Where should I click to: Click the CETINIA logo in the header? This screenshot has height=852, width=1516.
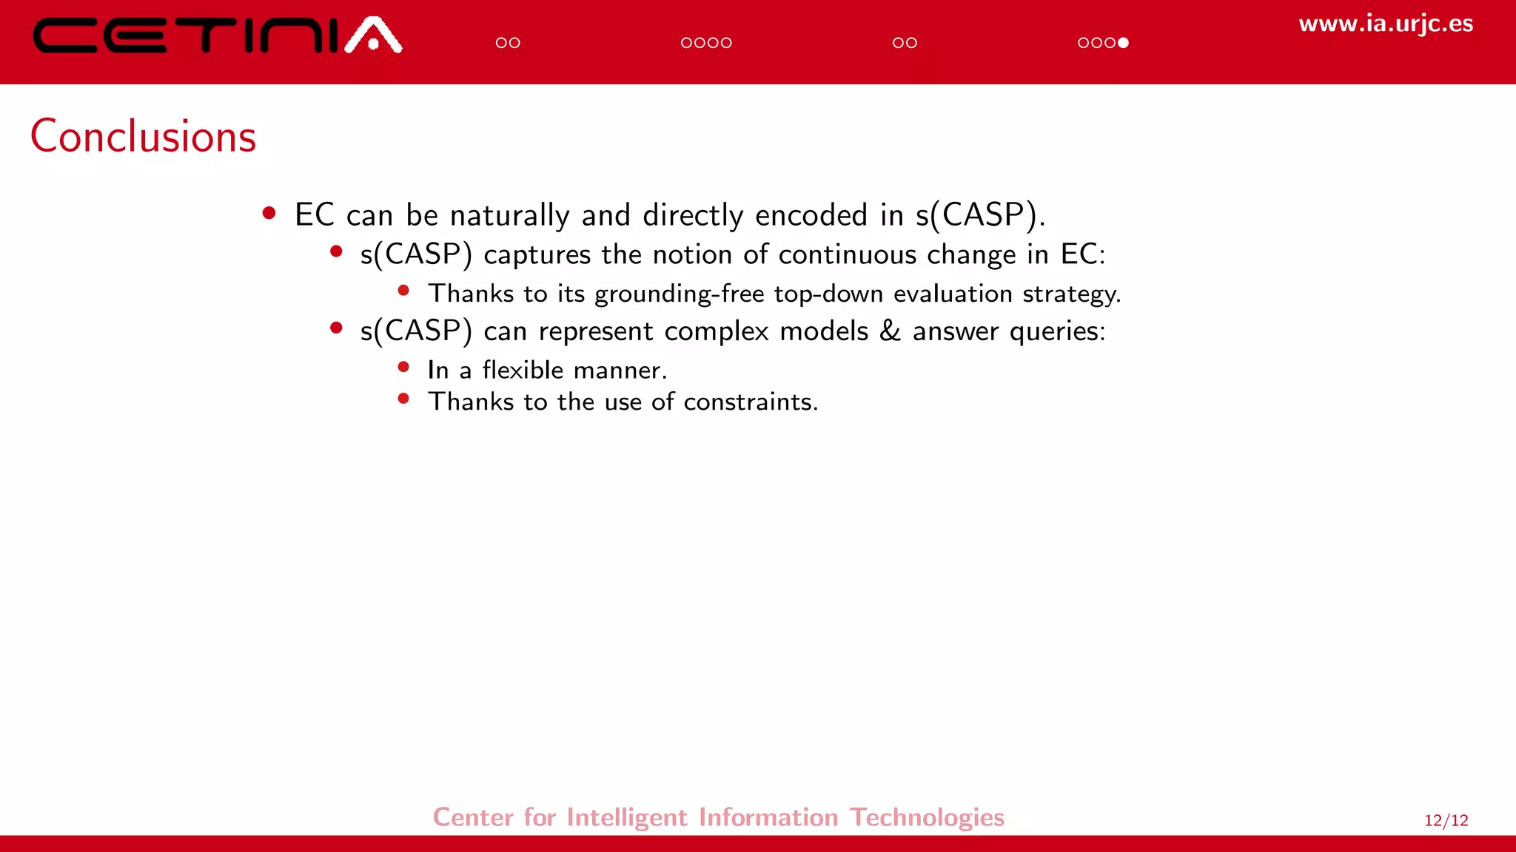(217, 35)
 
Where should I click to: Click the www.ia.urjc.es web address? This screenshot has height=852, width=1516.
(1385, 24)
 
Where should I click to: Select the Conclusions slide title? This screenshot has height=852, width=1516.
(143, 137)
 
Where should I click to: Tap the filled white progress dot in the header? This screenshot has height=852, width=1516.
(1123, 43)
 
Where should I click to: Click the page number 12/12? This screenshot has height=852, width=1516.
(1446, 820)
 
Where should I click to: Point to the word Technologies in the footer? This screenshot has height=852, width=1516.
(927, 817)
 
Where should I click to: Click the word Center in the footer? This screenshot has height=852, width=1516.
(473, 817)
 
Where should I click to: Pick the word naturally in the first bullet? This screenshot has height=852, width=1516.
(509, 216)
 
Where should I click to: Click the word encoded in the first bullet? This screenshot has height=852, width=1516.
(811, 215)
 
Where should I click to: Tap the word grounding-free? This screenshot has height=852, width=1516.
(679, 294)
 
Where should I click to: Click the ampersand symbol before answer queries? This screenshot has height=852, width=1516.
(890, 331)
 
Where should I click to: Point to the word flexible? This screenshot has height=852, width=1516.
(523, 369)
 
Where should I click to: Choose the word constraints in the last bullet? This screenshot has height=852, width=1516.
(750, 402)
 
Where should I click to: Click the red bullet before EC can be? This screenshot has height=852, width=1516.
(269, 214)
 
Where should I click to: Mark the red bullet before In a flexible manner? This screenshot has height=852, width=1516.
(403, 367)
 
